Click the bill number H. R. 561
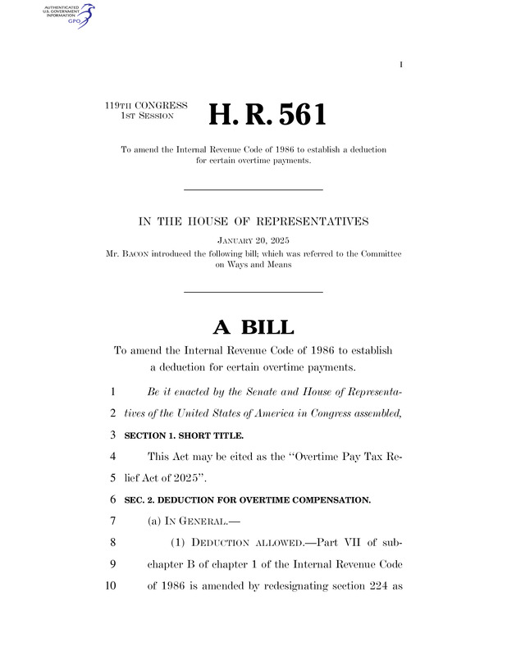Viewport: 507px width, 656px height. click(267, 115)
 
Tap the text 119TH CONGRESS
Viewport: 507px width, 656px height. click(147, 106)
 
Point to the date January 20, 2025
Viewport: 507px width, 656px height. click(253, 241)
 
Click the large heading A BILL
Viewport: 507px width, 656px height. click(253, 327)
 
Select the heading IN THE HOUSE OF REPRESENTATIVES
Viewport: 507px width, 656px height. click(253, 221)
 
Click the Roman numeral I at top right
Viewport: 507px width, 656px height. click(401, 65)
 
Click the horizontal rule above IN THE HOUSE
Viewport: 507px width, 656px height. click(253, 190)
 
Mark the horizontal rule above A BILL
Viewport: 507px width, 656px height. click(253, 292)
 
